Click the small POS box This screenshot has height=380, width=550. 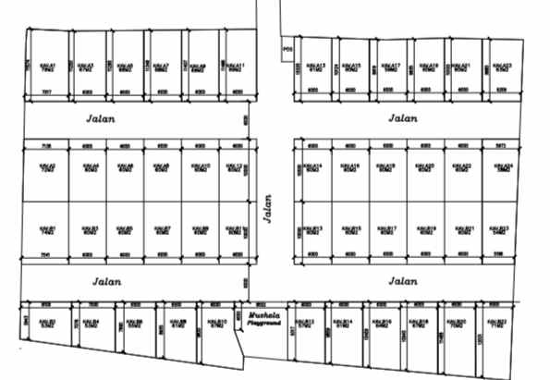[x=287, y=43]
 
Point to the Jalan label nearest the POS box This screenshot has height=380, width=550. [x=404, y=117]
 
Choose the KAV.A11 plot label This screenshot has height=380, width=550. [x=235, y=67]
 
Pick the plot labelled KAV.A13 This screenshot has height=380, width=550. [x=316, y=67]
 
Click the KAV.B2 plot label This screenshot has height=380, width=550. [x=49, y=324]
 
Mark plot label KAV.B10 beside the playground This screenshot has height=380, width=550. [x=218, y=324]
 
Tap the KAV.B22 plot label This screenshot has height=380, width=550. [x=497, y=324]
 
